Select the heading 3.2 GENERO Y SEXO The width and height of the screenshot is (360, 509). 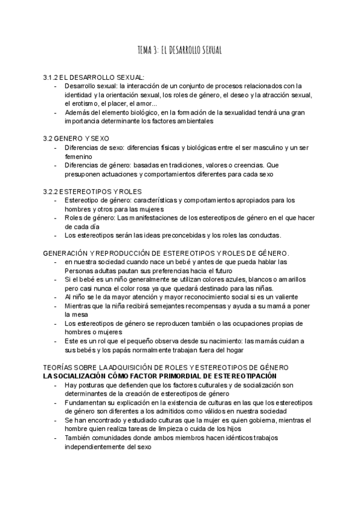pos(76,138)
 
